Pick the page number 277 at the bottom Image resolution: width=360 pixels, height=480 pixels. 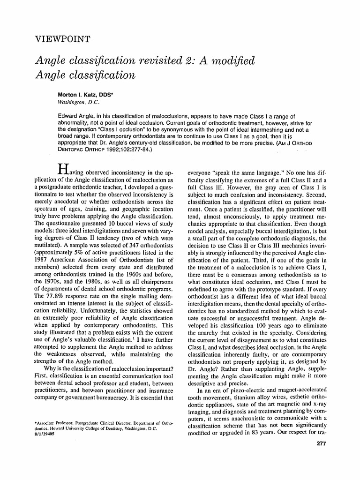tap(322, 443)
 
